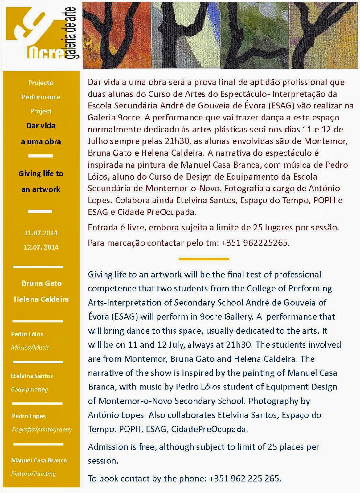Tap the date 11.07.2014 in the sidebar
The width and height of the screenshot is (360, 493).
(x=41, y=233)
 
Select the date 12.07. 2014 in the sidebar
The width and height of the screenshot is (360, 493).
(x=41, y=247)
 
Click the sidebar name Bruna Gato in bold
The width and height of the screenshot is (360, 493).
(x=42, y=283)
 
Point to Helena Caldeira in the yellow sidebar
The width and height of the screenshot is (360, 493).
(x=41, y=299)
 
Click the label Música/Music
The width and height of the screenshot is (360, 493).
(x=30, y=348)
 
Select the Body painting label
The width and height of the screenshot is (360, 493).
(x=30, y=389)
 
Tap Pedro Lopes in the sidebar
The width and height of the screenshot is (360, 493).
(x=29, y=416)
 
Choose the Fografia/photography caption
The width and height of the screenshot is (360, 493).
(x=42, y=429)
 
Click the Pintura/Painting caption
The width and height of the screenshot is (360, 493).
(x=34, y=474)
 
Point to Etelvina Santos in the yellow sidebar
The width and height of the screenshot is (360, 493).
(x=32, y=376)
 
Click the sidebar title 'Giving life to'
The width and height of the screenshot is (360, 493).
(x=41, y=173)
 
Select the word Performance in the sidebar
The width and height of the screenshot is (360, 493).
(x=41, y=97)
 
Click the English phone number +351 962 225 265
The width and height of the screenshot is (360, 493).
(x=245, y=479)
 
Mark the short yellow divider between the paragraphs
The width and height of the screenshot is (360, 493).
(x=204, y=259)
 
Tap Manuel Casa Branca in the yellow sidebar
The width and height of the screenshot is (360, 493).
(x=39, y=460)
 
